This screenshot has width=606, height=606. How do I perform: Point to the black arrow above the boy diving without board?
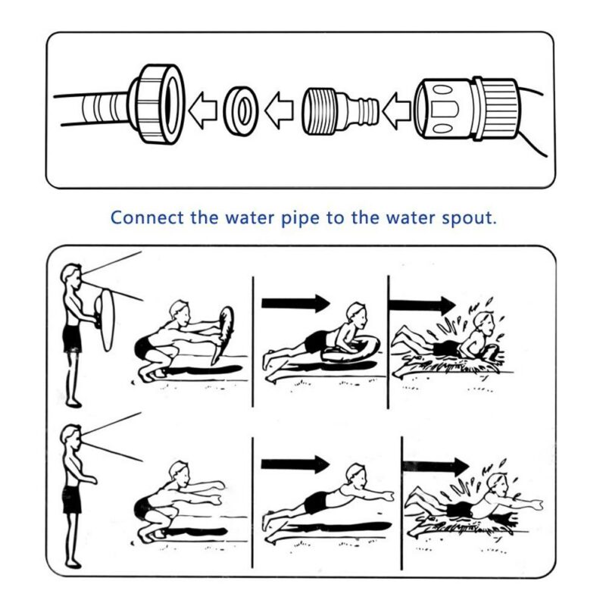[295, 463]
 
